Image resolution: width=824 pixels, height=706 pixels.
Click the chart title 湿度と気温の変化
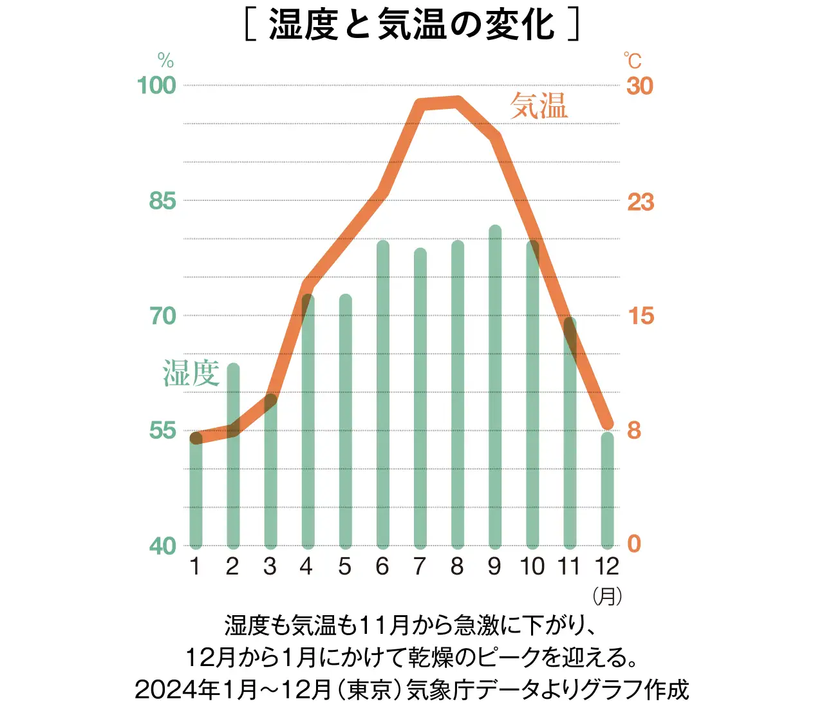click(412, 24)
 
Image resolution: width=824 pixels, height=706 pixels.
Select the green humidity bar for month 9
click(495, 386)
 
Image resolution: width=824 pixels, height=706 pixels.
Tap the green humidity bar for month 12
click(607, 490)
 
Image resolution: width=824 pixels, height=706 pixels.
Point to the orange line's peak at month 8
click(458, 101)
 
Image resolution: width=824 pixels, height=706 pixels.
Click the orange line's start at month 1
click(196, 439)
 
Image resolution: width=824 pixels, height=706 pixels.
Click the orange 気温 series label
click(539, 106)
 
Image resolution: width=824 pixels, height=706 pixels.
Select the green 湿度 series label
click(191, 374)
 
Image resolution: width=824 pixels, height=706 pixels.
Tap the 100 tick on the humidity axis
click(156, 86)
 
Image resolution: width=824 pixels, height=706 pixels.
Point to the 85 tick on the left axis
click(162, 201)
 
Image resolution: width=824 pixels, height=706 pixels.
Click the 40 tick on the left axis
click(162, 546)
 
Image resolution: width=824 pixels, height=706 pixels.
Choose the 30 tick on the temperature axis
click(640, 86)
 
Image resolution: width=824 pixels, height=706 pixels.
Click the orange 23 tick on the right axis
click(641, 202)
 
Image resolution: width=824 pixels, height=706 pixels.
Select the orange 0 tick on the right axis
click(634, 544)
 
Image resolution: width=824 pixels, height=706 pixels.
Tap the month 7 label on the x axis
click(420, 566)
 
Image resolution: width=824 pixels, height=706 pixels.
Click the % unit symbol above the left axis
click(165, 61)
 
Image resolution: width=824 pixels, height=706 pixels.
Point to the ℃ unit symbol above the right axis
click(633, 61)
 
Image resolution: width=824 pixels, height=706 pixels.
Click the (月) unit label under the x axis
click(607, 596)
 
